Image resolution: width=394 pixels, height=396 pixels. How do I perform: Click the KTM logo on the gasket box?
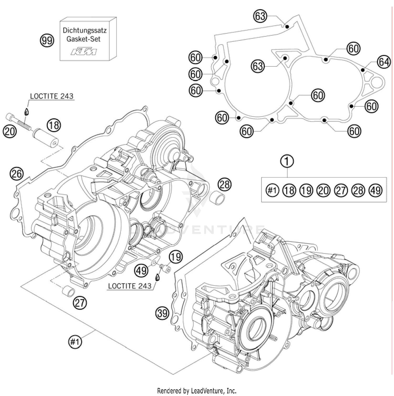click(x=84, y=51)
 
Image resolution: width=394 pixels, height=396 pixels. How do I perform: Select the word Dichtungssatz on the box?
click(x=85, y=30)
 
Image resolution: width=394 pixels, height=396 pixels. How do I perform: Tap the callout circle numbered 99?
click(x=47, y=41)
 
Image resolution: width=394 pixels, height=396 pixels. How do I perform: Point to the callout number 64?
click(x=383, y=62)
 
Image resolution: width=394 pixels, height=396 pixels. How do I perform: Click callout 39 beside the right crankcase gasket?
click(x=162, y=313)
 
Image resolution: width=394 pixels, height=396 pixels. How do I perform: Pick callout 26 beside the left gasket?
click(x=17, y=174)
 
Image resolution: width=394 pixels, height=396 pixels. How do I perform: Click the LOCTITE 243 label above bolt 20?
click(x=51, y=96)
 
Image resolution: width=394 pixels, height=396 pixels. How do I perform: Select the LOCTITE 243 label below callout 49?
click(x=130, y=286)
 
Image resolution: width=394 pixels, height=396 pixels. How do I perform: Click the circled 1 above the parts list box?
click(x=287, y=161)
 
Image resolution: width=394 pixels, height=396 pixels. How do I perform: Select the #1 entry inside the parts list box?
click(x=272, y=190)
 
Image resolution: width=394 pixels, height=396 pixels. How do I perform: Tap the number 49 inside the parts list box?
click(x=376, y=190)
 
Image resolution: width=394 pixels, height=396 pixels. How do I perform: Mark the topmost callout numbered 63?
click(x=260, y=16)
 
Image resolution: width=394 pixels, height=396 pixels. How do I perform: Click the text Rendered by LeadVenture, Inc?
click(x=197, y=391)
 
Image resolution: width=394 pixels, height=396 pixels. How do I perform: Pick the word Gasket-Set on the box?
click(x=84, y=39)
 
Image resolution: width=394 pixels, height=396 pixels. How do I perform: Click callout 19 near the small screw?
click(x=175, y=256)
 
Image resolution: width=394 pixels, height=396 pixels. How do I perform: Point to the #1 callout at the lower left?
click(x=75, y=342)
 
